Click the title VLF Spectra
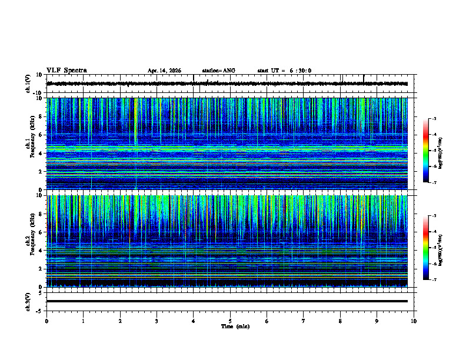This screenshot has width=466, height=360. pos(66,71)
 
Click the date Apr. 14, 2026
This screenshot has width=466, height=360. pos(164,71)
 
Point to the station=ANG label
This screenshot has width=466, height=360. pos(218,71)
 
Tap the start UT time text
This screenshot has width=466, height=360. pos(284,71)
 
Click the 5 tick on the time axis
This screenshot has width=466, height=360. pos(230,321)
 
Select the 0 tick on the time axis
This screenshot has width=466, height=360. pos(46,321)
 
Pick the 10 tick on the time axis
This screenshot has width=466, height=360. pos(414,321)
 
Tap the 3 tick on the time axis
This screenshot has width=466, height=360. pos(157,321)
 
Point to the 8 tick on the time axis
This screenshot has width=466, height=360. pos(340,321)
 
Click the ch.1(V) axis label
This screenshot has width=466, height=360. pos(28,84)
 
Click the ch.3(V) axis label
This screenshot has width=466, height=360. pos(28,301)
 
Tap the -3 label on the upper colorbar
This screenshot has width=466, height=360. pos(434,119)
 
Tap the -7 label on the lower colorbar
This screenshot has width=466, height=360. pos(434,280)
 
